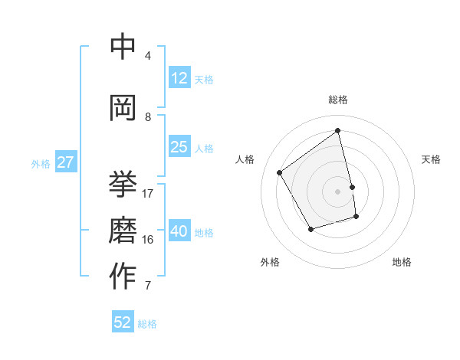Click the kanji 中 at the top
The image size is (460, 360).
click(x=123, y=48)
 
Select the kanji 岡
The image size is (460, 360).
click(x=123, y=106)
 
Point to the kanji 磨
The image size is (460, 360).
click(x=123, y=229)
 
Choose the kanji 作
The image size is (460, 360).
click(x=123, y=276)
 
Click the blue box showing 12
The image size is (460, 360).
click(x=179, y=78)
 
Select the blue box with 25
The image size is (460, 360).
click(x=179, y=147)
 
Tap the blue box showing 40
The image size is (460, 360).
click(x=179, y=231)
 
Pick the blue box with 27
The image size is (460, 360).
click(x=66, y=162)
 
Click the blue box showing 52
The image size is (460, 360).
click(x=123, y=322)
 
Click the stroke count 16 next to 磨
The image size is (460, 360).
click(x=148, y=239)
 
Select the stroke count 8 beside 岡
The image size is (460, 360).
click(x=148, y=116)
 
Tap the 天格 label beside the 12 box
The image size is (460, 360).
click(x=204, y=80)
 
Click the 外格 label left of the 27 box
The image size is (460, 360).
click(x=41, y=164)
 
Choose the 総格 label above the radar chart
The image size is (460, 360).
click(x=338, y=100)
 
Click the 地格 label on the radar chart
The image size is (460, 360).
click(x=402, y=262)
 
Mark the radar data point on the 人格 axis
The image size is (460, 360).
click(x=280, y=173)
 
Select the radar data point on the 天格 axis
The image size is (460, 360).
click(x=352, y=187)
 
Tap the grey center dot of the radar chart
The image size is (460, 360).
click(x=338, y=191)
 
